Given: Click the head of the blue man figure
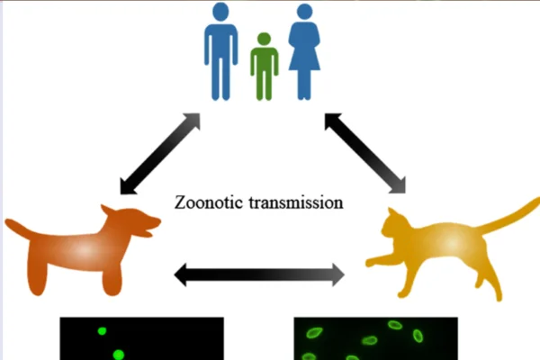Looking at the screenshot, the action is coord(220,12).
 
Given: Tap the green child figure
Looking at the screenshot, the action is coord(264,67).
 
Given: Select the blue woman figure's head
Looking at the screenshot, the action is coord(305,12).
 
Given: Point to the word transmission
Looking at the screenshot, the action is coord(296,202).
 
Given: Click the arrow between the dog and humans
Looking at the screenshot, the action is coord(160,154).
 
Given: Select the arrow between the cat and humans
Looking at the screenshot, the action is coord(365,153).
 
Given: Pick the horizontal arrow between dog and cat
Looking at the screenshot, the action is coord(259,274).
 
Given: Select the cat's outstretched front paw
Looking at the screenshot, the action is coord(373,261).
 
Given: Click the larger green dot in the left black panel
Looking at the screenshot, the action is coord(119,355).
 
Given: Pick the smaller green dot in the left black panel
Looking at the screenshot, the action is coord(102,331).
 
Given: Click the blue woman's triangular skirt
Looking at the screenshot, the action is coord(304,61).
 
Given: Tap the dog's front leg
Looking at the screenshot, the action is coord(112,279).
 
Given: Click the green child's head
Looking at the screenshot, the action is coord(264,39).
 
